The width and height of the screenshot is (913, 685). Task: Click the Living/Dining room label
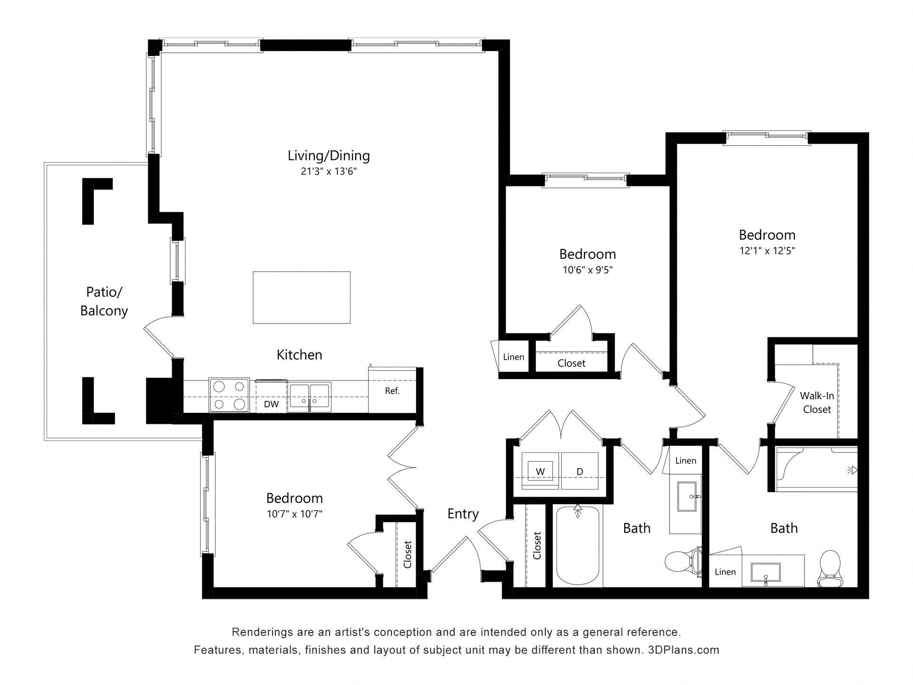[x=329, y=156]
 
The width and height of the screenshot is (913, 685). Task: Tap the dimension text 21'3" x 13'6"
[x=329, y=171]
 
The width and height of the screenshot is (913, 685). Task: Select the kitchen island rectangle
[x=301, y=298]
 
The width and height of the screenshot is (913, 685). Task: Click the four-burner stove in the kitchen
[x=229, y=395]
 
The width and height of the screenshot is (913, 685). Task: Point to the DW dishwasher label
[x=271, y=404]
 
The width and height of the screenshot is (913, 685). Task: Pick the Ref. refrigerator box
[x=392, y=391]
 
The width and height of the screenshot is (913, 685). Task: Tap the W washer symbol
[x=540, y=471]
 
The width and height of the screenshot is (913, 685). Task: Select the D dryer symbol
[x=580, y=471]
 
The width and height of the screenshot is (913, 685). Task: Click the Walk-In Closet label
[x=816, y=402]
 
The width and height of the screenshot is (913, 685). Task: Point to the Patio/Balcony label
[x=104, y=301]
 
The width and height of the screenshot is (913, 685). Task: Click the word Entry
[x=463, y=514]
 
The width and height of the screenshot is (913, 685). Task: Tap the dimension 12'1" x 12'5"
[x=767, y=251]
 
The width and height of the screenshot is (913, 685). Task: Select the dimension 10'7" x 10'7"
[x=294, y=514]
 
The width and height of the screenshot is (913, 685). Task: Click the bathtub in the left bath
[x=578, y=547]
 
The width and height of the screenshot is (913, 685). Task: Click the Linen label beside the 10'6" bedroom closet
[x=514, y=357]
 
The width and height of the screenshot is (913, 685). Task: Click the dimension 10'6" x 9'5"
[x=587, y=270]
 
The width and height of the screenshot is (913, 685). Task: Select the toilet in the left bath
[x=681, y=562]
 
